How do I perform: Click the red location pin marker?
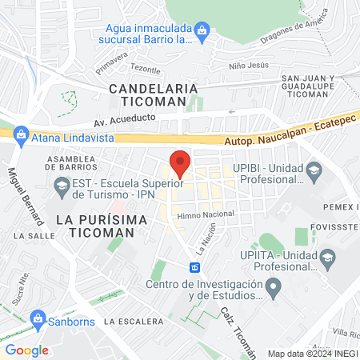pos(180,163)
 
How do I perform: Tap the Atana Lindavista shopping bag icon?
pos(22,136)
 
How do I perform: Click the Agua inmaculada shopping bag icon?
pos(202,31)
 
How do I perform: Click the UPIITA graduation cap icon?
pos(327,257)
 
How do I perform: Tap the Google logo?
pos(27,350)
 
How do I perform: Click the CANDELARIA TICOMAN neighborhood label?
pos(147,94)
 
